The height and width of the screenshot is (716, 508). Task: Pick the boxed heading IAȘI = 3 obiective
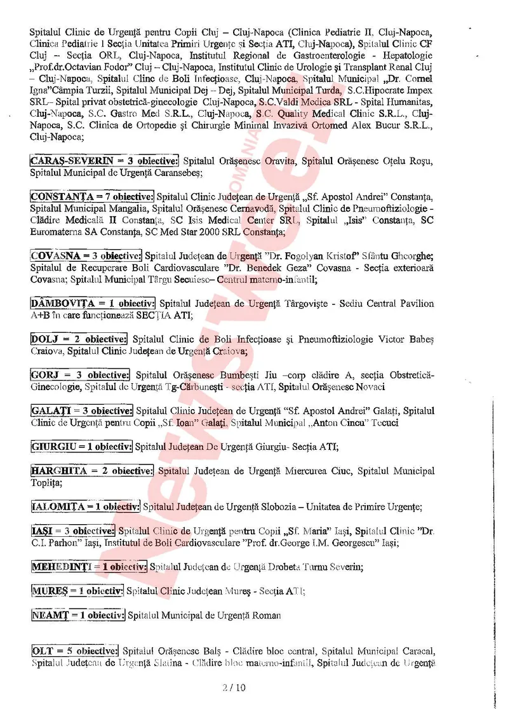[x=72, y=530]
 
